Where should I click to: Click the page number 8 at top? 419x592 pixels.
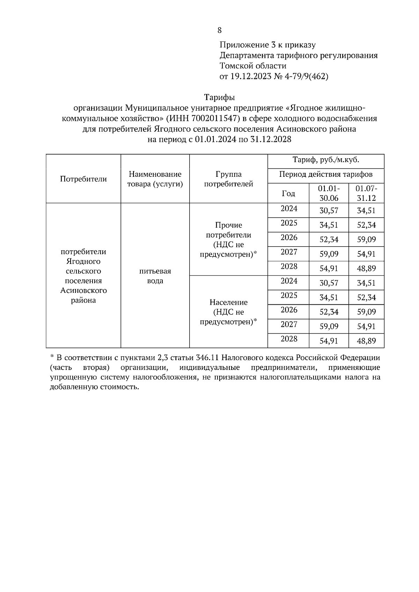219,30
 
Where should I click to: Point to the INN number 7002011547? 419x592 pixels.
213,118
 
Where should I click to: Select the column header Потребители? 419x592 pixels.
83,179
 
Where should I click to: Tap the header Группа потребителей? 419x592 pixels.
228,179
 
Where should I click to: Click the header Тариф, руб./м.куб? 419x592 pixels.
325,160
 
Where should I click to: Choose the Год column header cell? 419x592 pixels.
288,193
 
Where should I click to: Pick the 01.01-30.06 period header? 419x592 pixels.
329,193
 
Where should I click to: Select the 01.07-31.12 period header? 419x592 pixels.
366,193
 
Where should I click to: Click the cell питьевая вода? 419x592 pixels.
155,276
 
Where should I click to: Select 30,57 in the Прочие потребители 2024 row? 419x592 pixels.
329,211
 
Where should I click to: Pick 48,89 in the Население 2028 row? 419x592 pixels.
366,341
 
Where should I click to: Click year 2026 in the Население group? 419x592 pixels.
289,310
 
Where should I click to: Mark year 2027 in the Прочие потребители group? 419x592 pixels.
289,252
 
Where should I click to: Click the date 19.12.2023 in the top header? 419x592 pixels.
249,77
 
